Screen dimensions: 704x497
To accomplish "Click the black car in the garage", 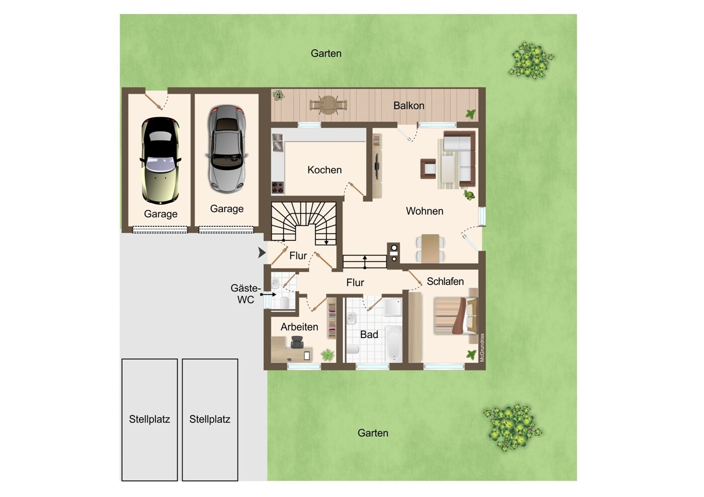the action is click(161, 160).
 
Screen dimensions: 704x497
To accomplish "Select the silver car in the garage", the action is click(226, 148).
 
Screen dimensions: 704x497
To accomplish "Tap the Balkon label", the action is click(409, 106).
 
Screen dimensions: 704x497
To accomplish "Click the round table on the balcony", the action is click(329, 105).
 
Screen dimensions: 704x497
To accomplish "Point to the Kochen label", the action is click(325, 170).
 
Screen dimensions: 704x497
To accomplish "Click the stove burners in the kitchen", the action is click(277, 187).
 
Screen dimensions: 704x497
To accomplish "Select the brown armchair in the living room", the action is click(428, 169).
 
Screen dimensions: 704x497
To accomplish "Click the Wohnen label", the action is click(424, 211).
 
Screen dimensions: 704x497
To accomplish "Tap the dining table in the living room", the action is click(430, 248).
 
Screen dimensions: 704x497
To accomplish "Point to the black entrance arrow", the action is click(262, 252).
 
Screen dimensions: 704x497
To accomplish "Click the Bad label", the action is click(369, 335).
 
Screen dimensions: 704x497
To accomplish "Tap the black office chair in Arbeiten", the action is click(297, 342).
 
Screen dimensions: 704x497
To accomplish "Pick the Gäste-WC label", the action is click(246, 294).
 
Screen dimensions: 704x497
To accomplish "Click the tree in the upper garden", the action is click(531, 60).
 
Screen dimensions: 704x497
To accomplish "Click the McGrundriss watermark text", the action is click(483, 348).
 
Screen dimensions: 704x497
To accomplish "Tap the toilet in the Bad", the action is click(353, 349).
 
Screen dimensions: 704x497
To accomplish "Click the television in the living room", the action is click(376, 167).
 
